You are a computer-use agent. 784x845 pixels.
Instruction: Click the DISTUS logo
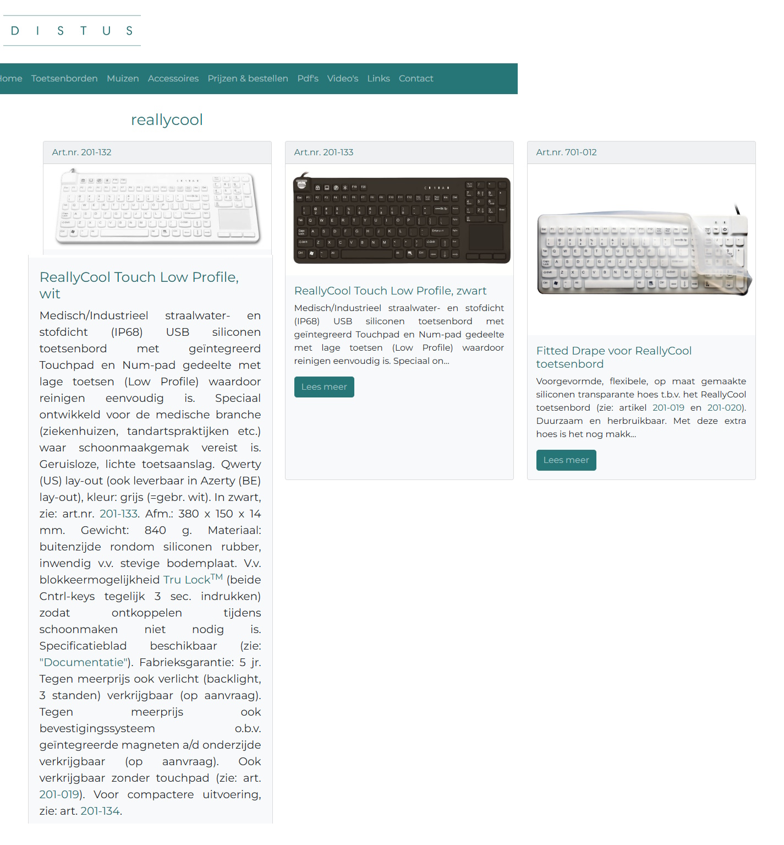(72, 31)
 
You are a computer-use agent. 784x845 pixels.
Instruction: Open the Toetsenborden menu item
(64, 79)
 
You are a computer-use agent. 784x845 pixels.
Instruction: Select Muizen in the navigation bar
(123, 79)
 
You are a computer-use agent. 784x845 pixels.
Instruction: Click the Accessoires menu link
(173, 79)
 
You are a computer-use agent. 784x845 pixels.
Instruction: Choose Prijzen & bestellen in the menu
(248, 79)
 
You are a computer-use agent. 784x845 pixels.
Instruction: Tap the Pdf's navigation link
(308, 79)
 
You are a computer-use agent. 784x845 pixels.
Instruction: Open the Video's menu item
(342, 79)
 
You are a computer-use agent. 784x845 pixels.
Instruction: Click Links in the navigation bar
(379, 79)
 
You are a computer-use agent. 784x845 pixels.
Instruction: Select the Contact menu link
(416, 79)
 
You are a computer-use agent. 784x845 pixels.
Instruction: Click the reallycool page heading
(167, 119)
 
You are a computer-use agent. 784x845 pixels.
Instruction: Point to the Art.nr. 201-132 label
(81, 152)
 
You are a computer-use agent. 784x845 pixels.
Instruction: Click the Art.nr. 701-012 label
(566, 152)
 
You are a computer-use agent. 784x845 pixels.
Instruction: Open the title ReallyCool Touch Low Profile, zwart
(390, 291)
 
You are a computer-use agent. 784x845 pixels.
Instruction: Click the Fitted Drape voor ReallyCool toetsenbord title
(613, 357)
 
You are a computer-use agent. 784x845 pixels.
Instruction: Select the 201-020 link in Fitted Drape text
(725, 408)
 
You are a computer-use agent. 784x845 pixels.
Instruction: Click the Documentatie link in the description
(83, 662)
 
